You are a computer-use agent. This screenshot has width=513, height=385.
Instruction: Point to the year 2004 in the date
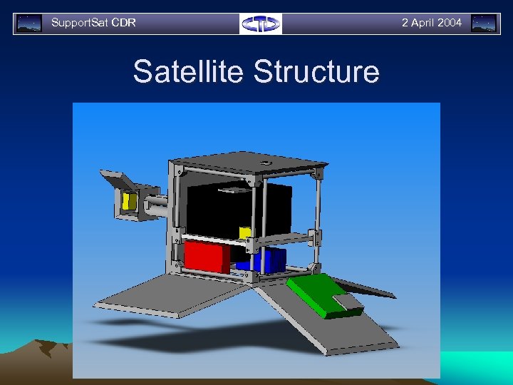pyautogui.click(x=450, y=23)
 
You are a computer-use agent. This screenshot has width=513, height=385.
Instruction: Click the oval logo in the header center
pyautogui.click(x=261, y=24)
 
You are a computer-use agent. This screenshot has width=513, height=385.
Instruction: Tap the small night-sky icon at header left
pyautogui.click(x=28, y=24)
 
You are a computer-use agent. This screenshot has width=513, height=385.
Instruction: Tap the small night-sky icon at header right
pyautogui.click(x=484, y=24)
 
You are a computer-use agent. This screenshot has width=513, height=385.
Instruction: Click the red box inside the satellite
pyautogui.click(x=206, y=257)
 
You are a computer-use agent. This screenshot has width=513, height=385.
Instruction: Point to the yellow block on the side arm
pyautogui.click(x=130, y=201)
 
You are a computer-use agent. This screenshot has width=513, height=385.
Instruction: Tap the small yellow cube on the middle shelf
pyautogui.click(x=244, y=233)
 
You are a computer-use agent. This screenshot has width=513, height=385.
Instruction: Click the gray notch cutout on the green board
pyautogui.click(x=348, y=302)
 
